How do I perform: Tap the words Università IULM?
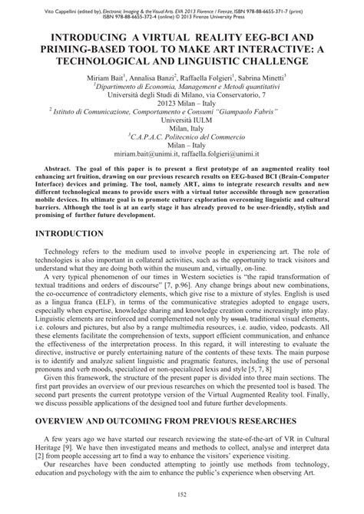click(x=182, y=120)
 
